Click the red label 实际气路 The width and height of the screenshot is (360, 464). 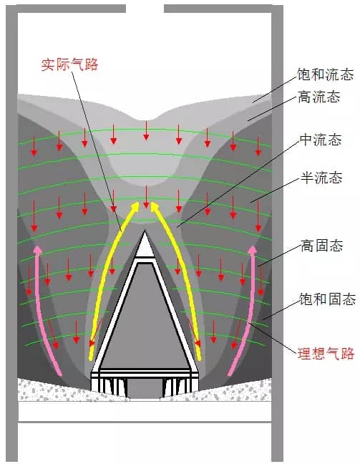tap(69, 65)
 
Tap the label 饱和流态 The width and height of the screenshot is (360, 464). tap(325, 74)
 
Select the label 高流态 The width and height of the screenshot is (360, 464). tap(319, 97)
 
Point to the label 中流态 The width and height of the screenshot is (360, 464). tap(321, 140)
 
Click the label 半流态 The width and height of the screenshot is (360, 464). tap(321, 178)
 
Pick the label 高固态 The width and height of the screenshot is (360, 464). tap(322, 246)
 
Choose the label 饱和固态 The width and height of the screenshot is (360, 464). tap(327, 299)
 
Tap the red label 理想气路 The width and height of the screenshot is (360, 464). tap(326, 354)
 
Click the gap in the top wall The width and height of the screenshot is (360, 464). tap(145, 9)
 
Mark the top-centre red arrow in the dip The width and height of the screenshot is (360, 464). tap(146, 130)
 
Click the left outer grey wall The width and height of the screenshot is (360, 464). tap(12, 233)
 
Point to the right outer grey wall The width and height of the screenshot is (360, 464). tap(278, 233)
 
